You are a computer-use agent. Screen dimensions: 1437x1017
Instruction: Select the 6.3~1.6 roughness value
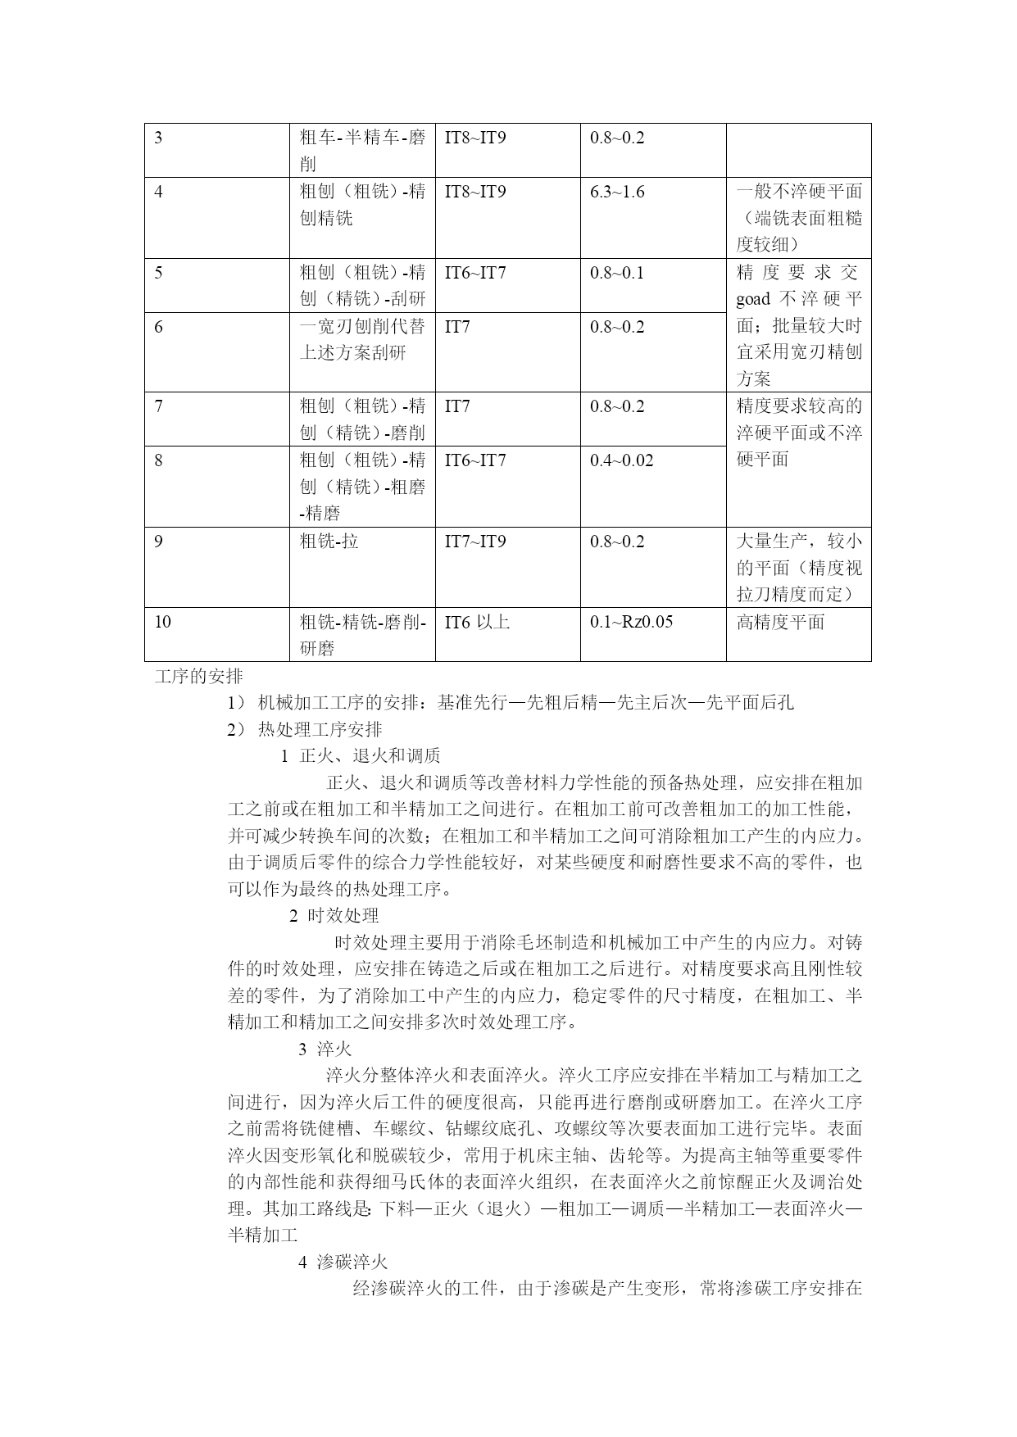pos(617,192)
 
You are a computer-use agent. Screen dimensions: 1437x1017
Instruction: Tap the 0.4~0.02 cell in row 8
pos(621,460)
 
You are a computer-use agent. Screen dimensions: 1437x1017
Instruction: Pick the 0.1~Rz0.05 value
pos(631,622)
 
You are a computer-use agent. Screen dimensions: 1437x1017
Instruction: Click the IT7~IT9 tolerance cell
pos(475,542)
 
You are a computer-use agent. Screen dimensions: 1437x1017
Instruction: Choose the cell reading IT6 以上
pos(477,622)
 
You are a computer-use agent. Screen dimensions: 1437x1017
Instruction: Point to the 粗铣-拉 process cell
pos(329,542)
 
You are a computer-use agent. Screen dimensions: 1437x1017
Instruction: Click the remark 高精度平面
pos(779,622)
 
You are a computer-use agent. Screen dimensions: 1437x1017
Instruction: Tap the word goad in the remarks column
pos(752,299)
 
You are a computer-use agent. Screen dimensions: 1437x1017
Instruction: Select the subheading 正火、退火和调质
pos(370,755)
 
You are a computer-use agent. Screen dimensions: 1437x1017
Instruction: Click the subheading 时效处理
pos(343,915)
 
